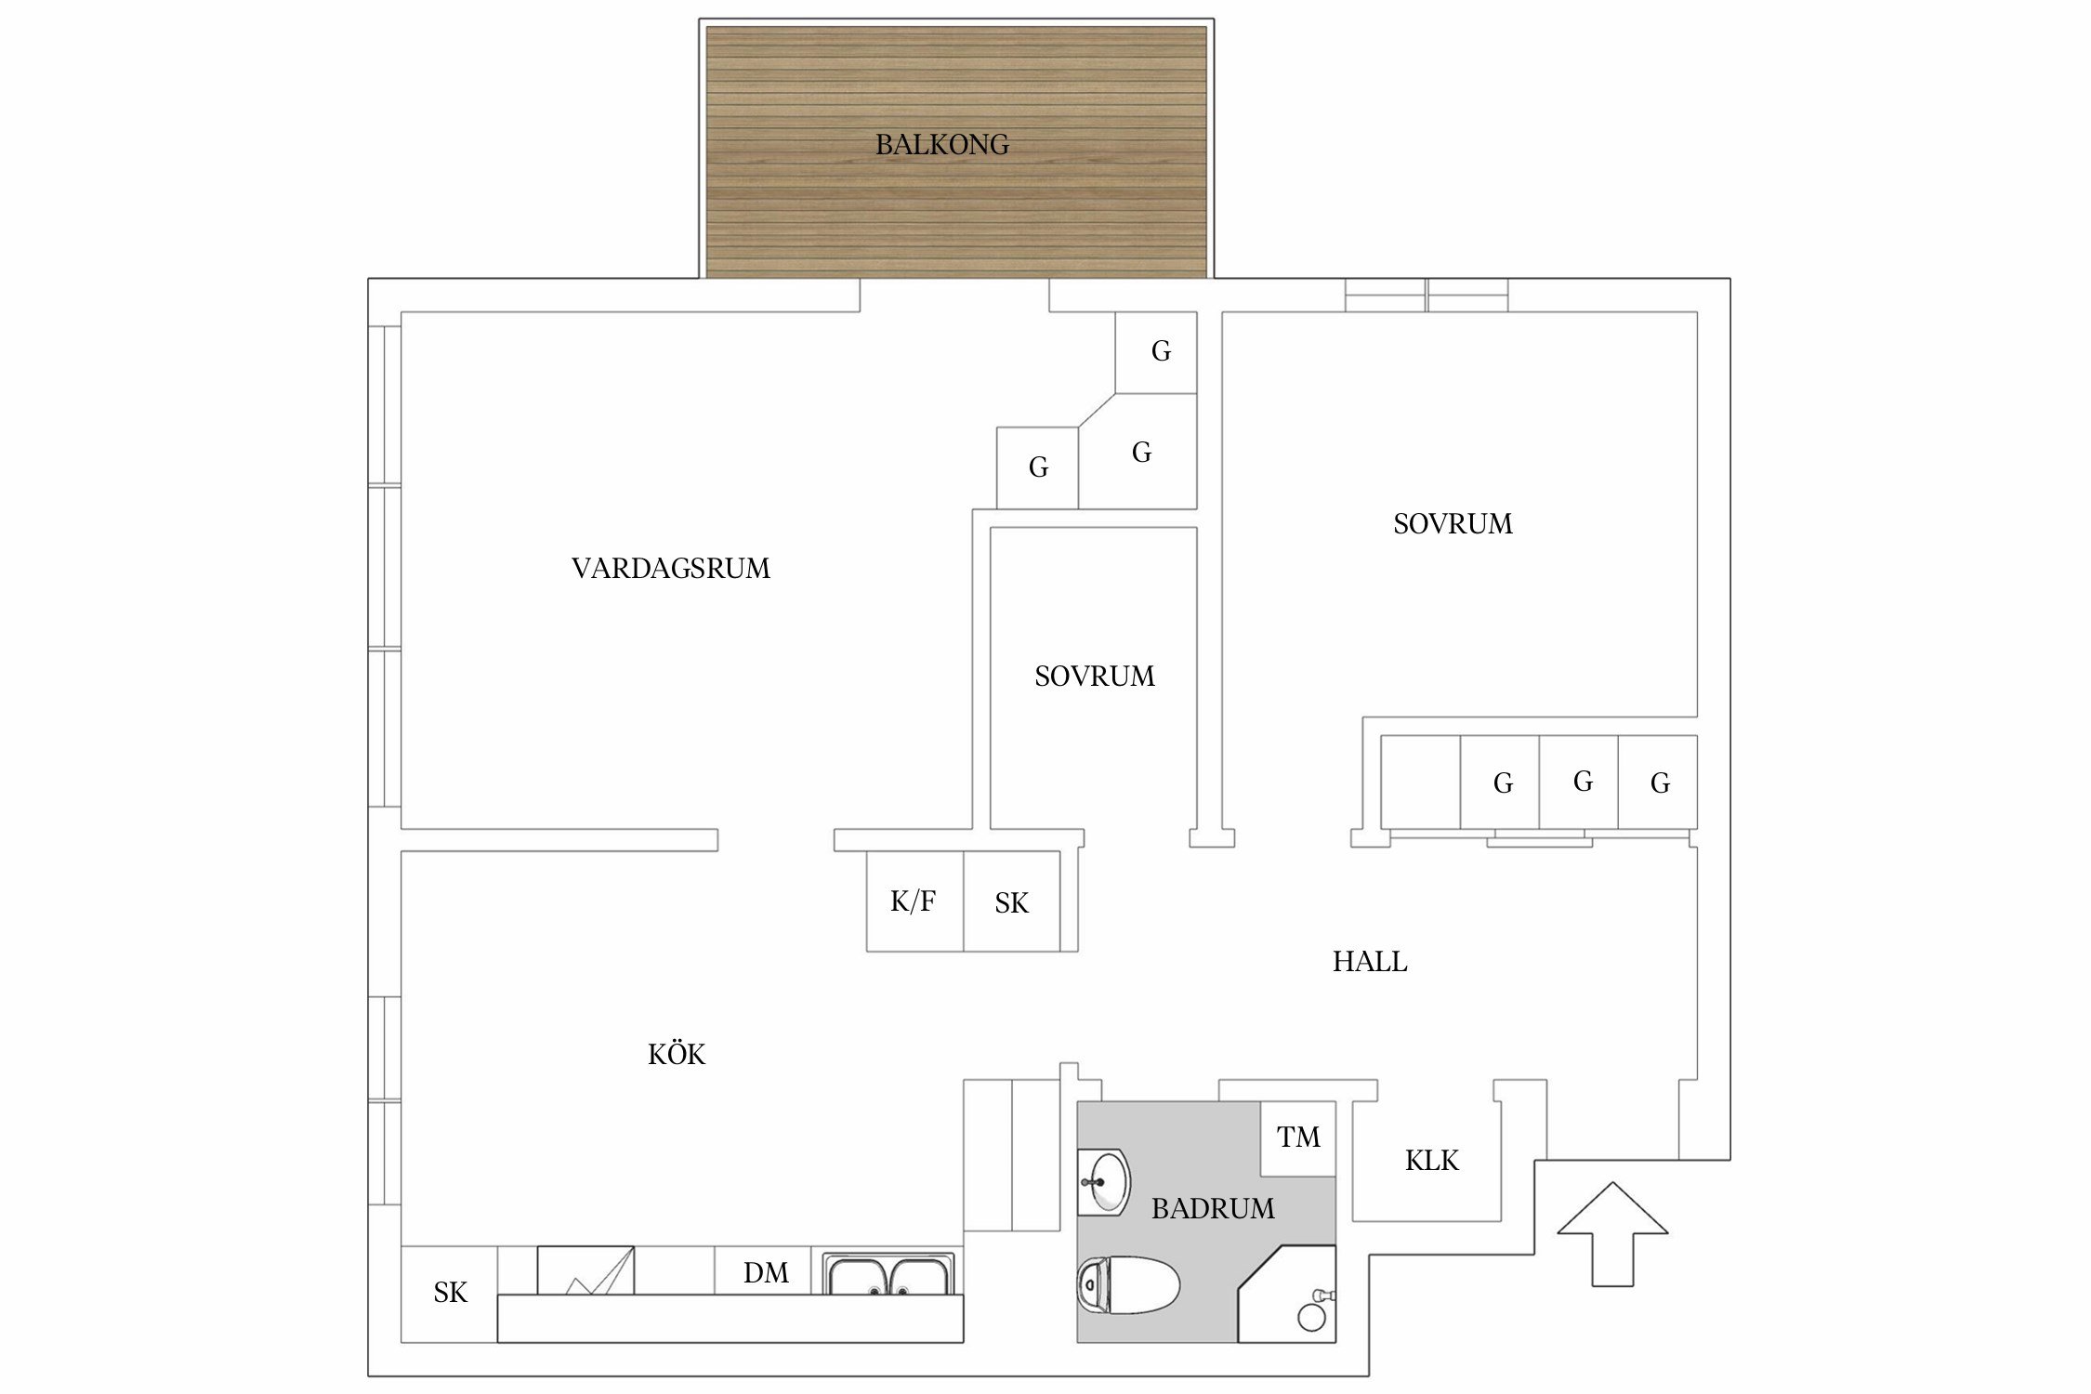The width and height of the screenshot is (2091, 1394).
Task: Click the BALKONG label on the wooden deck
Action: pos(941,145)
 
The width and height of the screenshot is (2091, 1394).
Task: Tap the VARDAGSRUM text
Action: pos(670,569)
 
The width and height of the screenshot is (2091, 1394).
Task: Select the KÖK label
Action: pos(676,1055)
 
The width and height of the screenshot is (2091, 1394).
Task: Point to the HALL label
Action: pos(1369,962)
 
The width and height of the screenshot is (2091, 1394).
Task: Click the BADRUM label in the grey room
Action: pos(1212,1209)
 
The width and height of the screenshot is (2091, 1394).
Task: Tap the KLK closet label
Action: pos(1430,1161)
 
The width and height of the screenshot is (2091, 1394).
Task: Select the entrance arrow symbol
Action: pos(1612,1232)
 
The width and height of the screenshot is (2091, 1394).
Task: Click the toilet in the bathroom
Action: pos(1126,1285)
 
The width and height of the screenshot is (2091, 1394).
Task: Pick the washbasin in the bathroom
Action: pos(1106,1182)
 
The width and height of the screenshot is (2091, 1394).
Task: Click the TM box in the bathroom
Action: pos(1297,1138)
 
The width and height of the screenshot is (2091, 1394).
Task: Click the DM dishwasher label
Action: pos(765,1273)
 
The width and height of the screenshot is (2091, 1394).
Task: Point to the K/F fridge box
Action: pos(914,901)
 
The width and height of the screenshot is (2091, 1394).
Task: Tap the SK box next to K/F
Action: pos(1011,903)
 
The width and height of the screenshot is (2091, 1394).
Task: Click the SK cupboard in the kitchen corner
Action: pos(450,1293)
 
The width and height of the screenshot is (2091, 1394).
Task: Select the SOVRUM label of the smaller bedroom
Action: pos(1094,677)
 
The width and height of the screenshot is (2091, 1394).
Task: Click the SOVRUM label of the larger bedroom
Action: pos(1452,524)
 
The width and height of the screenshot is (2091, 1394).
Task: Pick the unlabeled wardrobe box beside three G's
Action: pos(1419,782)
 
